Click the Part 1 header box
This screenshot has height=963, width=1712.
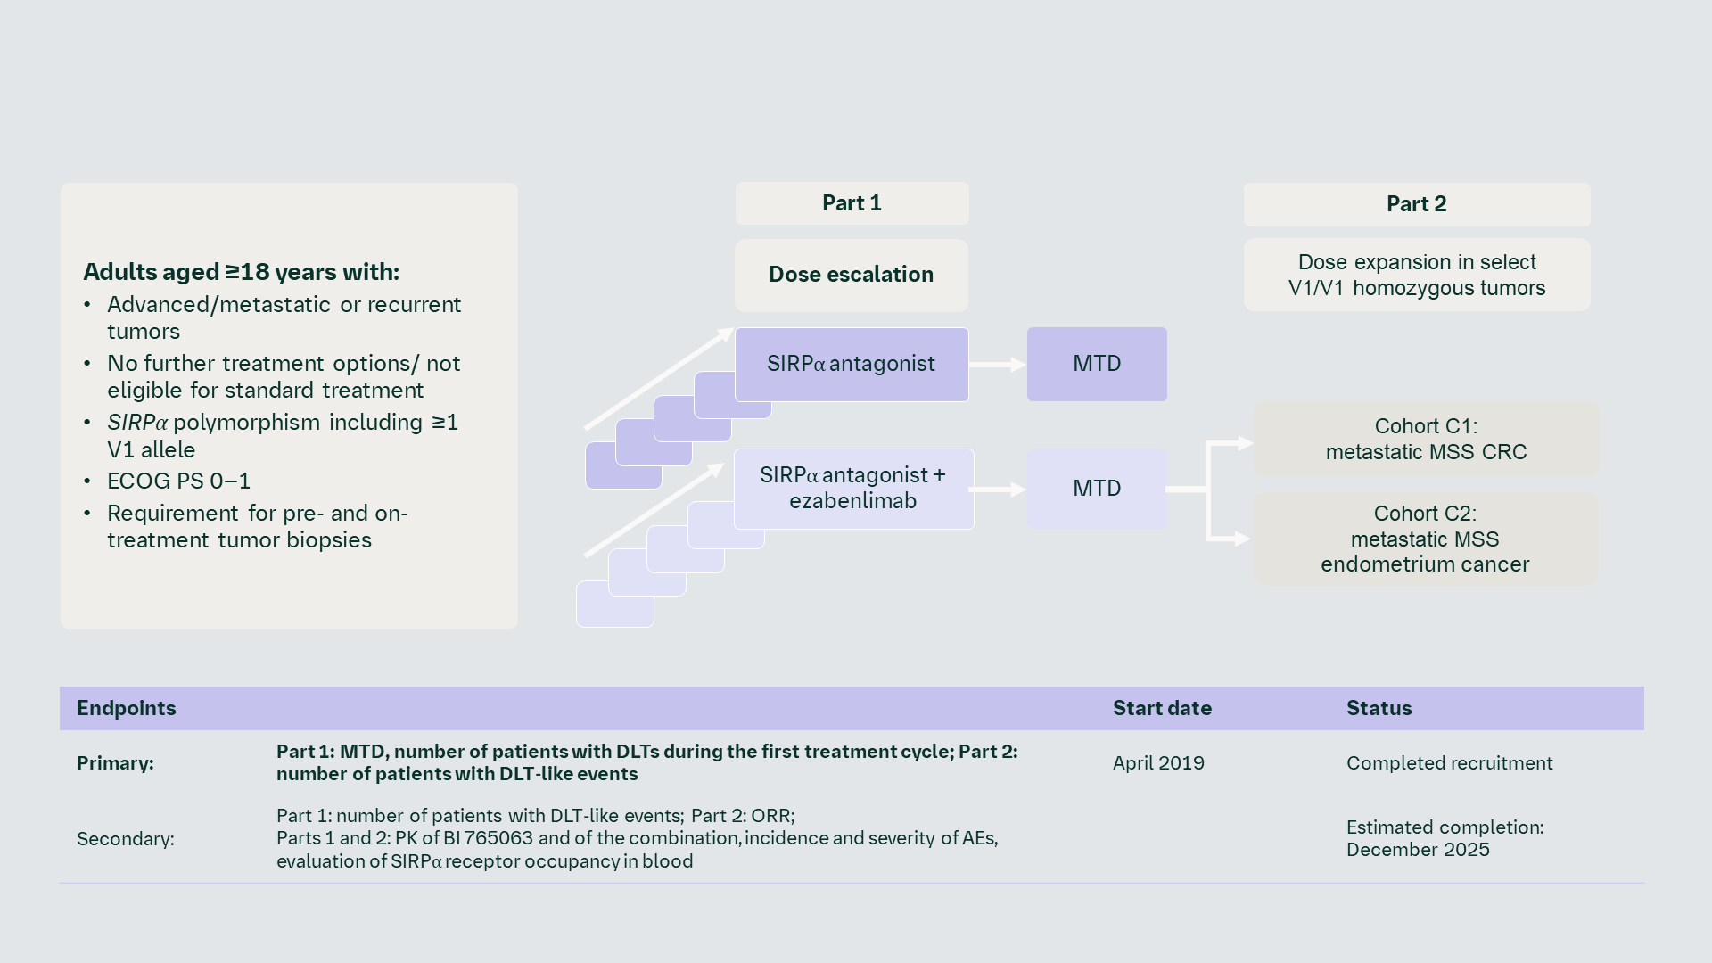(852, 203)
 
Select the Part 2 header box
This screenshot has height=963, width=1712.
(1416, 204)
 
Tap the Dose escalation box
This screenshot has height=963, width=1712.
(851, 275)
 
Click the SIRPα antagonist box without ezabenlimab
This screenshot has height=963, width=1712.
(851, 364)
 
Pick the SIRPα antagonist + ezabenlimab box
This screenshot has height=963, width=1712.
(853, 489)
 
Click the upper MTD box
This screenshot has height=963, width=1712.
(1097, 364)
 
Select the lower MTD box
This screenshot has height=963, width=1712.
(1097, 489)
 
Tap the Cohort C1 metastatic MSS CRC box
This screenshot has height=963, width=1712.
(1426, 439)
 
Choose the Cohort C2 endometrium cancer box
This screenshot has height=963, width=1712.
(1425, 539)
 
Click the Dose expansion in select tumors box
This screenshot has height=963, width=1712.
(1416, 275)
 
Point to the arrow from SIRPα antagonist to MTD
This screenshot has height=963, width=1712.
(997, 365)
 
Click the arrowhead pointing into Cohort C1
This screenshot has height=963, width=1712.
(1245, 443)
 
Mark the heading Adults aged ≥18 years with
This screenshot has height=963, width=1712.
(241, 272)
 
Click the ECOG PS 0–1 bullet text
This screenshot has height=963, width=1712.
(178, 481)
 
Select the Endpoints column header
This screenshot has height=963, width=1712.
(127, 708)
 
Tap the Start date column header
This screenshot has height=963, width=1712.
(1162, 708)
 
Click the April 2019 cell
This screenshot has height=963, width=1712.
(1158, 763)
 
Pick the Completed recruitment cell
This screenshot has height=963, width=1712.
(1449, 763)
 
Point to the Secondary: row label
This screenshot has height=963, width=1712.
(126, 839)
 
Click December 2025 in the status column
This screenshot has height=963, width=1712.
(1418, 850)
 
